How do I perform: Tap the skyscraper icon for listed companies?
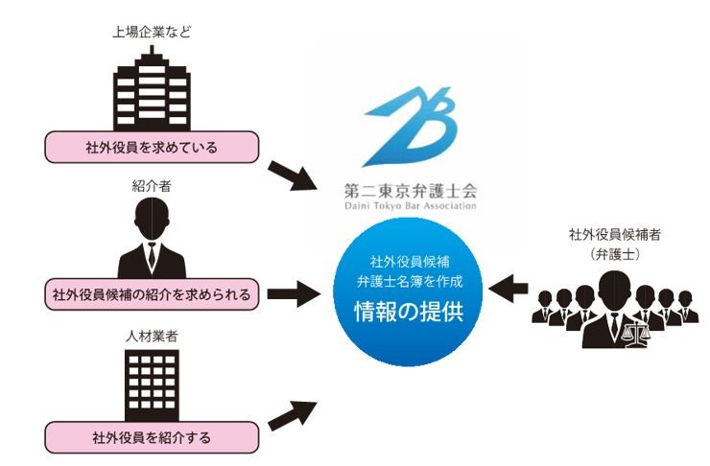tap(151, 90)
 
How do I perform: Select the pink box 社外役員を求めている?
tap(152, 148)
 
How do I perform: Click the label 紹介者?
tap(151, 183)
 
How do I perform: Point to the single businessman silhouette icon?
tap(151, 238)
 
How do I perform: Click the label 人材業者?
tap(151, 337)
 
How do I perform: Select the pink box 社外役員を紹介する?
tap(152, 438)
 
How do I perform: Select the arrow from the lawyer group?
tap(509, 285)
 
